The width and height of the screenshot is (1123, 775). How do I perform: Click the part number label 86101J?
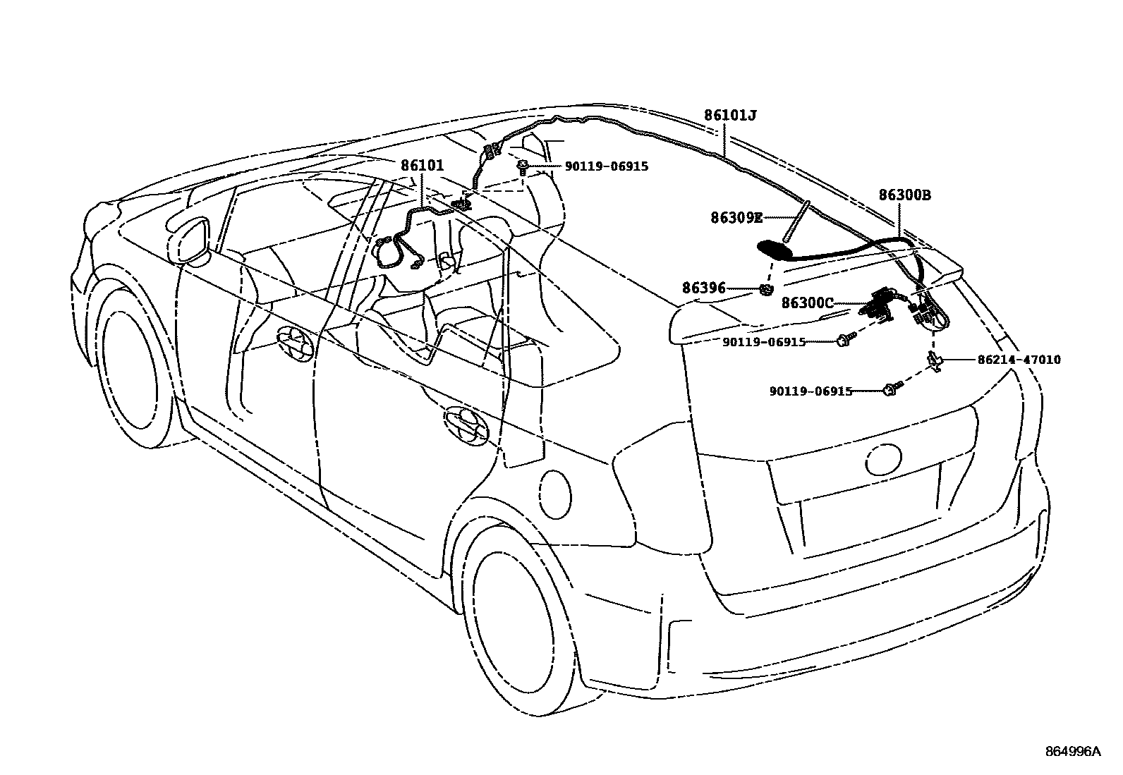click(x=730, y=115)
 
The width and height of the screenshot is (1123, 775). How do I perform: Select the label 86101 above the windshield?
click(x=422, y=166)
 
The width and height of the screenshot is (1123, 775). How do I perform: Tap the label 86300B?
click(x=904, y=195)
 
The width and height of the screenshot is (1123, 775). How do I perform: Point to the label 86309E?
click(x=736, y=219)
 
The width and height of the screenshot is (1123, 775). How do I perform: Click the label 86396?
click(x=703, y=288)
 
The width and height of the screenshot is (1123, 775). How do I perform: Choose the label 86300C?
click(x=807, y=303)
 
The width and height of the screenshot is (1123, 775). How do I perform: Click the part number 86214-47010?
click(x=1018, y=360)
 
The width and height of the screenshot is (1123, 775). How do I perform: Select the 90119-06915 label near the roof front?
click(x=606, y=166)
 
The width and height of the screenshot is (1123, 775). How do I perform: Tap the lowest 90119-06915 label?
click(x=811, y=391)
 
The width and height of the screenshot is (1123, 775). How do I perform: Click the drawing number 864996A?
click(x=1072, y=751)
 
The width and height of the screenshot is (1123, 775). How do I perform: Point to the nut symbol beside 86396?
click(x=766, y=289)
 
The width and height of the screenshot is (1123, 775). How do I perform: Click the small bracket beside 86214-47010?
click(x=935, y=360)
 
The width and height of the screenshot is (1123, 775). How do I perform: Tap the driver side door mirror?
click(x=190, y=240)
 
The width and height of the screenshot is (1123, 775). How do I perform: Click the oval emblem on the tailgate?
click(x=884, y=460)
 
